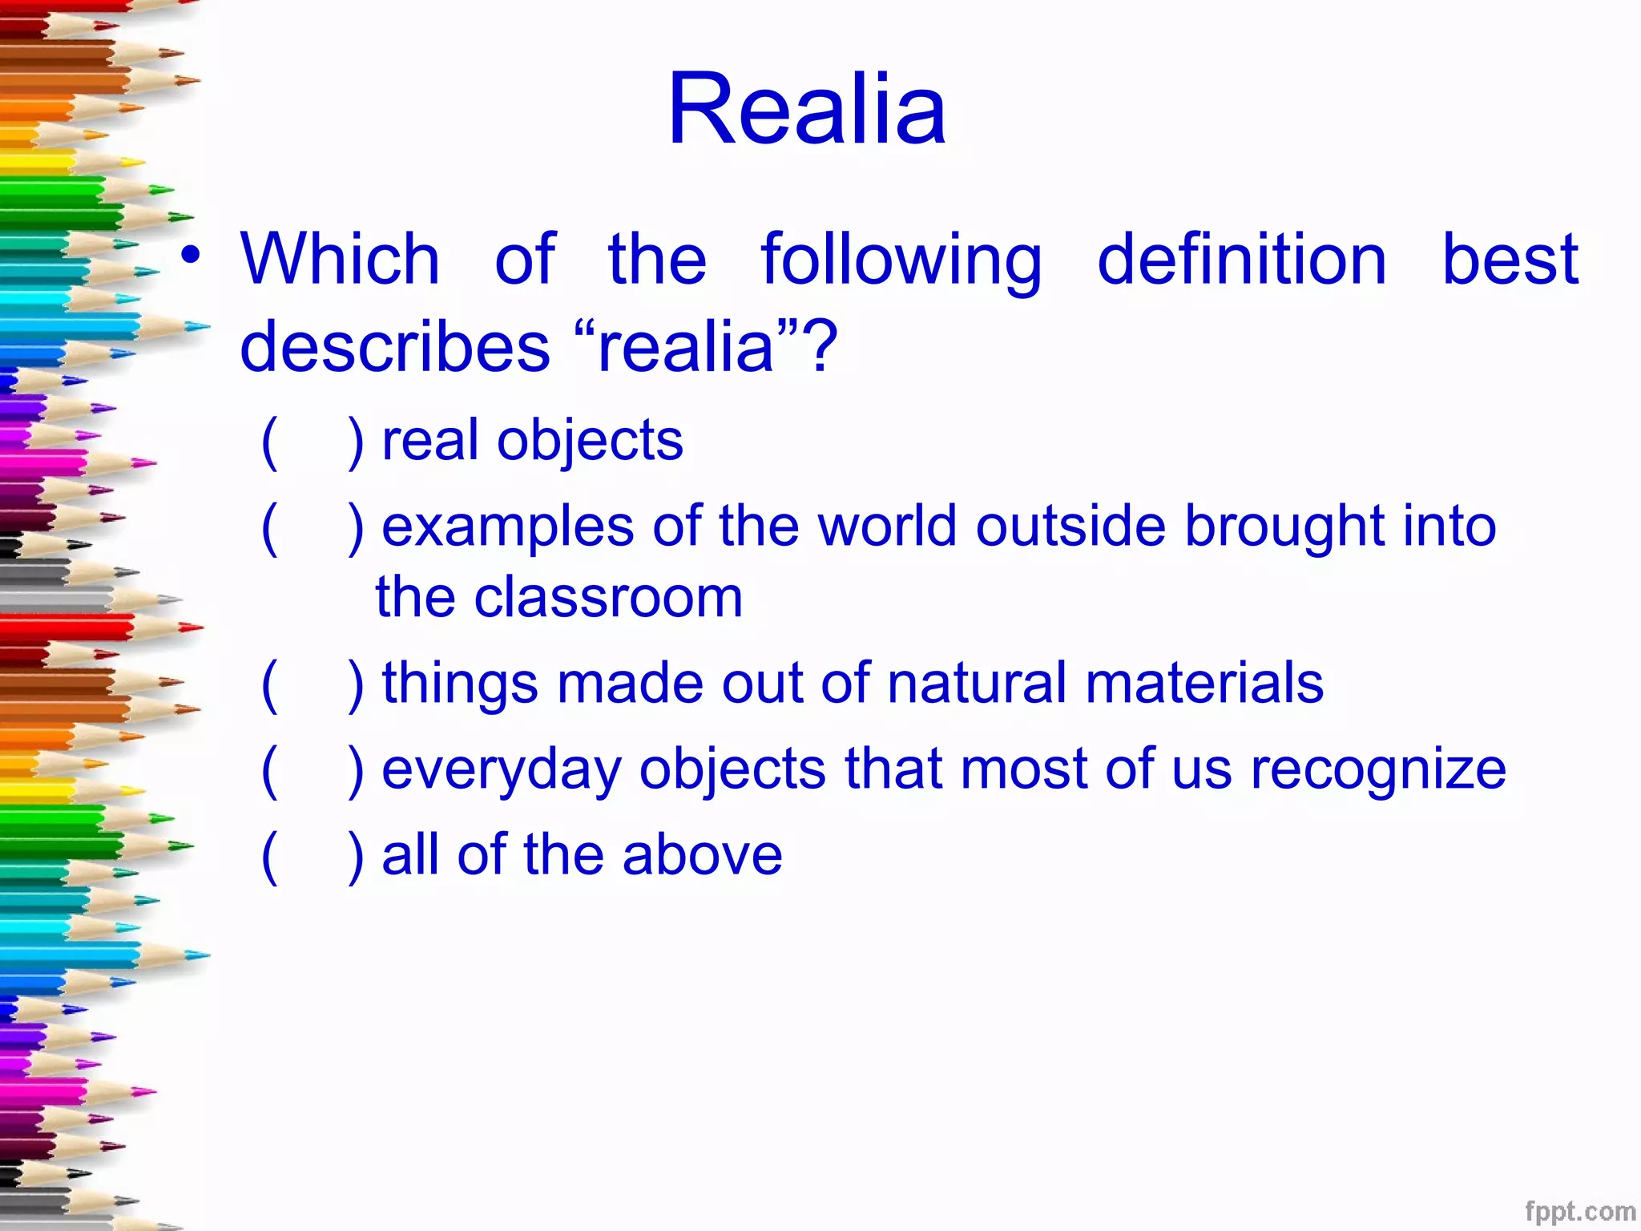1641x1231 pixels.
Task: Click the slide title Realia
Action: pyautogui.click(x=807, y=109)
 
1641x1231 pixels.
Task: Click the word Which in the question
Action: pyautogui.click(x=340, y=259)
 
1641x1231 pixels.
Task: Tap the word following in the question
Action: pyautogui.click(x=901, y=259)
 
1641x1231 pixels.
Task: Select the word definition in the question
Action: pyautogui.click(x=1241, y=259)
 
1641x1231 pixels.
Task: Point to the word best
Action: pyautogui.click(x=1510, y=259)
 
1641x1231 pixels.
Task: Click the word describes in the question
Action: pyautogui.click(x=394, y=346)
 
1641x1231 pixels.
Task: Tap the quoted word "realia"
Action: pyautogui.click(x=686, y=346)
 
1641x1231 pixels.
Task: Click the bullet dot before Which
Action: pyautogui.click(x=191, y=255)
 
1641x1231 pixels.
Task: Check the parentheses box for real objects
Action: pyautogui.click(x=312, y=442)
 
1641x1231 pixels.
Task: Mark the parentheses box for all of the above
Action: pyautogui.click(x=312, y=856)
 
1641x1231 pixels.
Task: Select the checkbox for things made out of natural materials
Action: pyautogui.click(x=312, y=684)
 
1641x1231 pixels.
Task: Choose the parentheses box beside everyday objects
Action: pyautogui.click(x=312, y=770)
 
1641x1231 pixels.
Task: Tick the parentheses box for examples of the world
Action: pyautogui.click(x=312, y=527)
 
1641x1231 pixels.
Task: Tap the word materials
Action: pyautogui.click(x=1204, y=683)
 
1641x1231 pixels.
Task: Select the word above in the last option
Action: pyautogui.click(x=702, y=854)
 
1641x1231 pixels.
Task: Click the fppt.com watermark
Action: pyautogui.click(x=1579, y=1211)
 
